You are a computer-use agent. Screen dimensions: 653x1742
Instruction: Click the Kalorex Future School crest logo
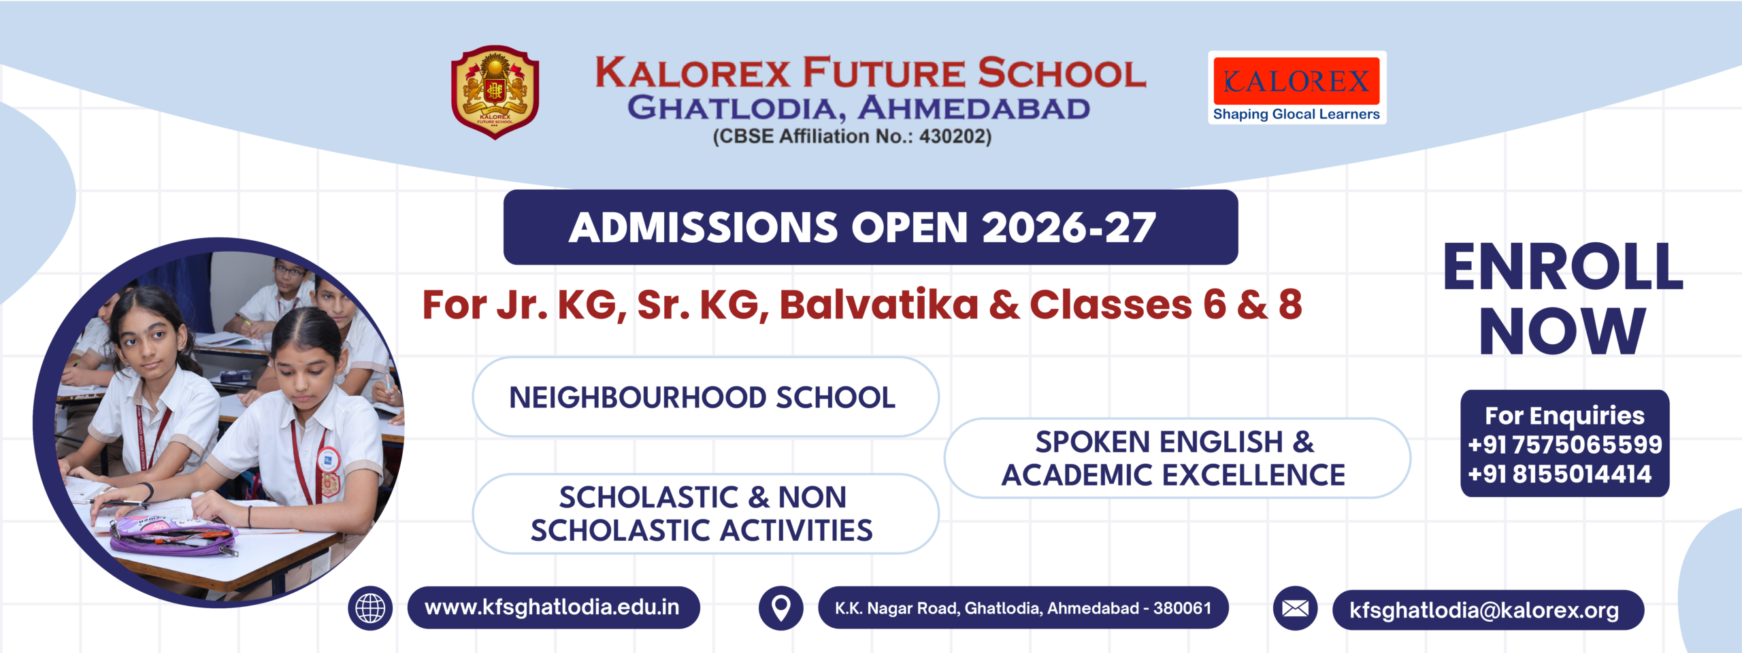click(495, 92)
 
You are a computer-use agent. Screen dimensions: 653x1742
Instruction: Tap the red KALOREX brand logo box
click(1296, 81)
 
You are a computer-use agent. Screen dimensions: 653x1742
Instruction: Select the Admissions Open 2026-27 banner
click(870, 227)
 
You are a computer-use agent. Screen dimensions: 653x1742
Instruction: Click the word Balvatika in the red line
click(878, 305)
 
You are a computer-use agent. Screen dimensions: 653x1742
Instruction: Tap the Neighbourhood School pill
click(705, 397)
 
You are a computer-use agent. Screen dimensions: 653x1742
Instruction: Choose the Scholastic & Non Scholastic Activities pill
click(705, 514)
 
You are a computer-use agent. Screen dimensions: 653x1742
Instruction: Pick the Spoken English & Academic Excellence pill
click(1177, 458)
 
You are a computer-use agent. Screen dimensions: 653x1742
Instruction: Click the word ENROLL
click(1563, 268)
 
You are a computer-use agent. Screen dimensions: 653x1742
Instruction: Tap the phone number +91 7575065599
click(1564, 445)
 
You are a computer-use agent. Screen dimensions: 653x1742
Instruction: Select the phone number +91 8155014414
click(1560, 474)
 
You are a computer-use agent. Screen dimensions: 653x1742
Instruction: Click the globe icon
click(370, 607)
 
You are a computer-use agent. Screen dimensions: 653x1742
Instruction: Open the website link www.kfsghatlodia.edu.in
click(553, 607)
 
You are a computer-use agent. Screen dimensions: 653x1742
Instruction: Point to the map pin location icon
click(780, 607)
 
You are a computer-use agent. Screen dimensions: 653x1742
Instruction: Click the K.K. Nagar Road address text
click(1023, 608)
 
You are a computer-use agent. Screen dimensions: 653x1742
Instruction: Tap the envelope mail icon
click(1295, 608)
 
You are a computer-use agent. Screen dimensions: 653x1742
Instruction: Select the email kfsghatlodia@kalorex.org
click(1484, 610)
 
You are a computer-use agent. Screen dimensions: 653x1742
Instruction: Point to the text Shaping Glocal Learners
click(1296, 114)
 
